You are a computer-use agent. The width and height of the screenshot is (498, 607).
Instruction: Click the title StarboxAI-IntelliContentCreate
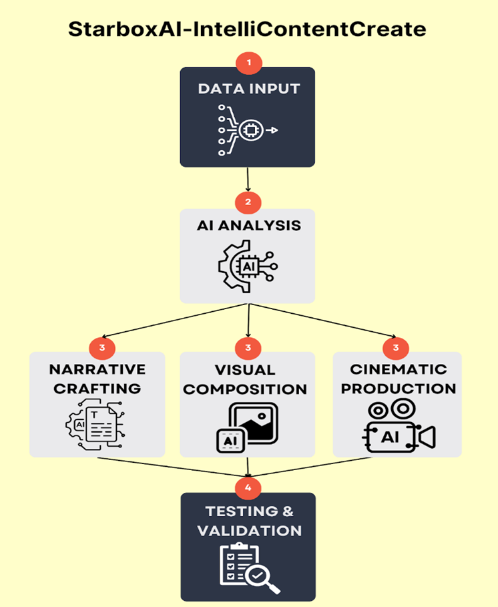point(248,30)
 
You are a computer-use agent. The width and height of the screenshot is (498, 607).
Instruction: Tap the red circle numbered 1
point(249,63)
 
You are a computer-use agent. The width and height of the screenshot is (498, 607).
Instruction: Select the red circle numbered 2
point(248,202)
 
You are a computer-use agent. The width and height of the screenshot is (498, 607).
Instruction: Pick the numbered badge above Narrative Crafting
point(102,347)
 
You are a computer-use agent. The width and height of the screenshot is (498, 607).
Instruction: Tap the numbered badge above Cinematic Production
point(396,347)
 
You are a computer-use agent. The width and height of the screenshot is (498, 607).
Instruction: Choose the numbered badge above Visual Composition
point(248,347)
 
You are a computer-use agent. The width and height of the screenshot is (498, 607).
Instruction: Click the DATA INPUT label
point(248,89)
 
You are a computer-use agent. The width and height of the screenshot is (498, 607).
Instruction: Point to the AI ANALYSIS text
point(248,225)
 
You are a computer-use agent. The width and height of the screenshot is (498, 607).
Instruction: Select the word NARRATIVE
point(97,369)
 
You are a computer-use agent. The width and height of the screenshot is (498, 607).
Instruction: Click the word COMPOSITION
point(245,389)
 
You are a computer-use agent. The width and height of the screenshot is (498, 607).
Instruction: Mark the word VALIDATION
point(248,532)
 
